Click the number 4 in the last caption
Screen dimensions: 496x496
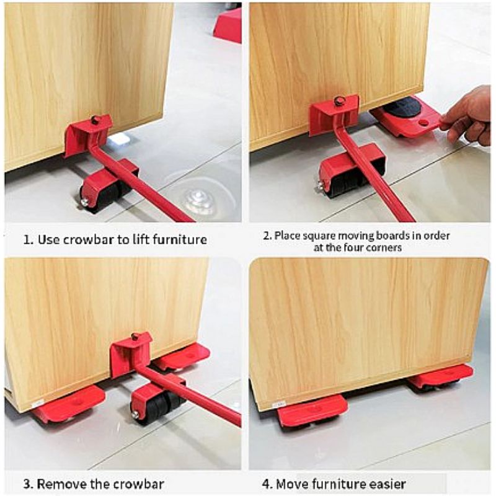pos(266,484)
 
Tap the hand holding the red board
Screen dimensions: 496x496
pos(465,116)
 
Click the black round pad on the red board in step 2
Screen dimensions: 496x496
pos(401,107)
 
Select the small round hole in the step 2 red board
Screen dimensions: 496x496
pos(423,122)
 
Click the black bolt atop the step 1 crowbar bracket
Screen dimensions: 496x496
pos(95,120)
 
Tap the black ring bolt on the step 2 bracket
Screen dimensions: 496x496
pos(339,101)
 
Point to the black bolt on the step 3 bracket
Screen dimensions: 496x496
pos(135,337)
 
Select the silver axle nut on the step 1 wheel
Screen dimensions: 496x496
pos(85,202)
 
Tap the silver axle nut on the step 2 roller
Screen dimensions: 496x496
pos(321,187)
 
